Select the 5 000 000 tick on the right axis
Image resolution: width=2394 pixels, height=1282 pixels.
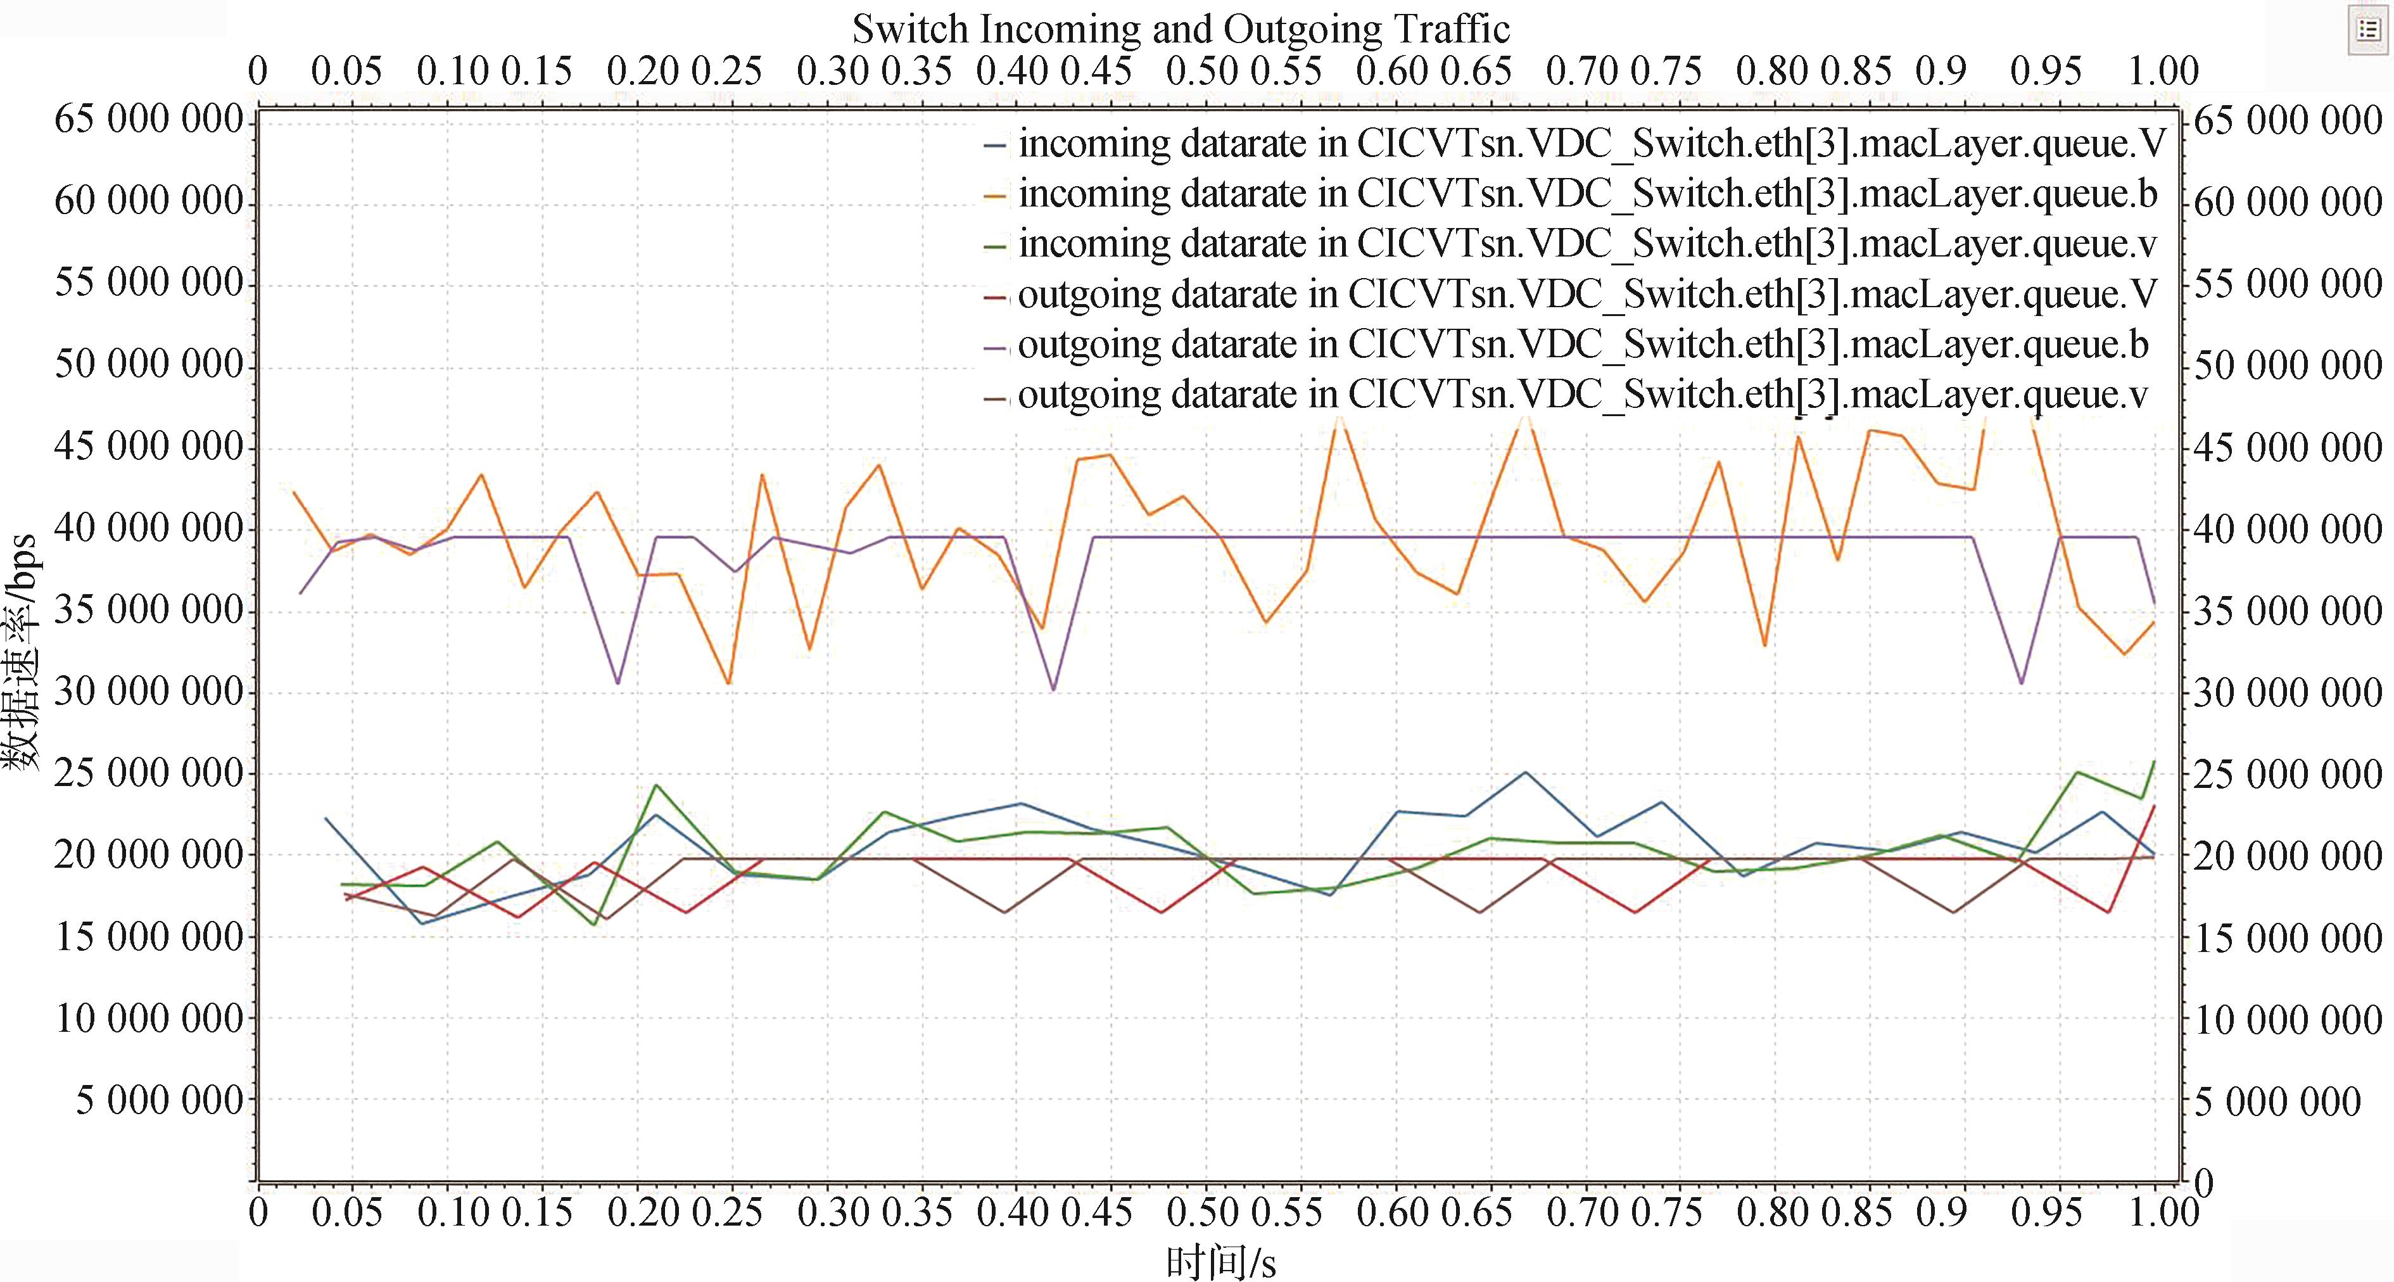tap(2277, 1101)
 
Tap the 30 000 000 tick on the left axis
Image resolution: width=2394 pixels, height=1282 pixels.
tap(149, 692)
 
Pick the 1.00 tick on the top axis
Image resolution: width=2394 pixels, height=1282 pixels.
tap(2163, 72)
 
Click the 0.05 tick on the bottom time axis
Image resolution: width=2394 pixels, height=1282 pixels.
tap(346, 1212)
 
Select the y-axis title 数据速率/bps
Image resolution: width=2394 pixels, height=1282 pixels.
tap(20, 651)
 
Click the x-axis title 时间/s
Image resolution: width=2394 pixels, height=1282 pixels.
tap(1220, 1262)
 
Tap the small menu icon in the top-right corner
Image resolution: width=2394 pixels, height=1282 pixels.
tap(2368, 30)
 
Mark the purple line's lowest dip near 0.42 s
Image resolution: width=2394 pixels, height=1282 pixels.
tap(1053, 690)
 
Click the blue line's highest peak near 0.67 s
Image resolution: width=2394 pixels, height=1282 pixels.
tap(1524, 771)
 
